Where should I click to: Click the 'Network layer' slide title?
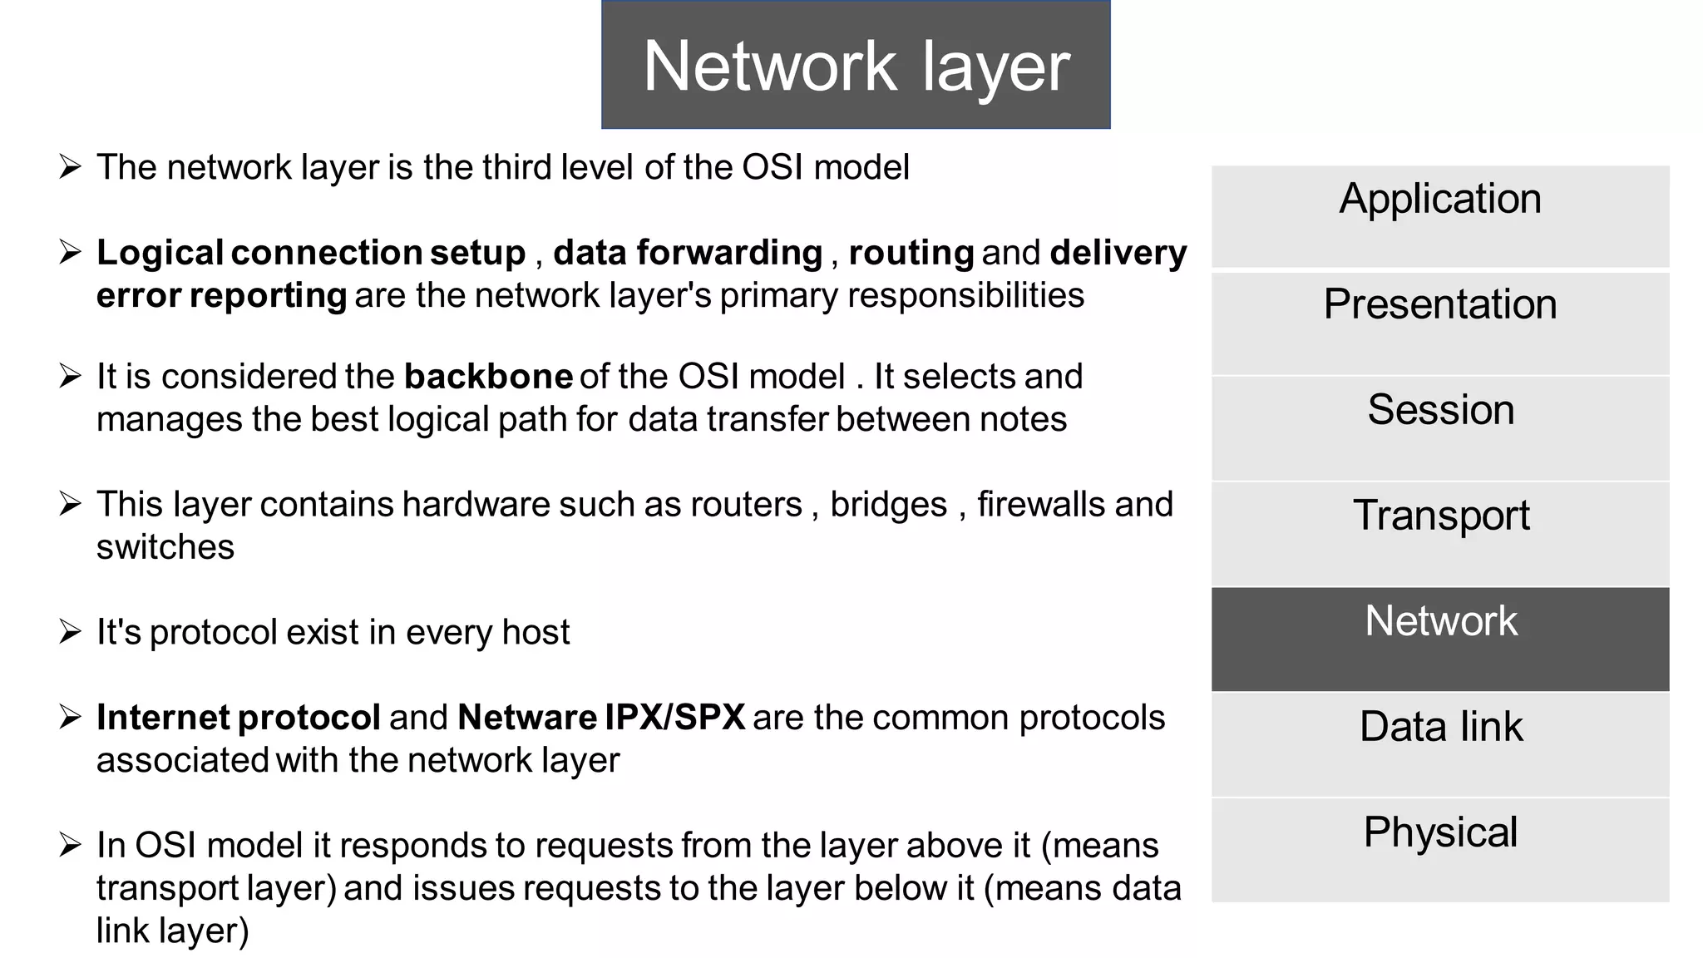click(x=856, y=66)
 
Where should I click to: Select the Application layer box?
click(x=1439, y=216)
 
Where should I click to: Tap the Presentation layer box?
click(x=1439, y=323)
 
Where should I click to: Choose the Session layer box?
click(x=1439, y=427)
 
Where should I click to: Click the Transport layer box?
click(x=1439, y=533)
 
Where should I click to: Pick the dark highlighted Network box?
click(x=1439, y=639)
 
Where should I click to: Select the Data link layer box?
click(x=1439, y=744)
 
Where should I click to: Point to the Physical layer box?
click(x=1439, y=849)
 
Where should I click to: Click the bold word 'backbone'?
click(x=488, y=377)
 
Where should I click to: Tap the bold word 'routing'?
click(x=911, y=253)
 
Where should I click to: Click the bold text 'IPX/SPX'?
click(x=674, y=717)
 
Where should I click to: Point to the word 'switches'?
click(x=165, y=547)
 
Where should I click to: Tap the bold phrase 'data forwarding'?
click(x=688, y=253)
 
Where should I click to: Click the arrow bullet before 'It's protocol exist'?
click(x=70, y=632)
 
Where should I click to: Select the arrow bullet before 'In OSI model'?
click(x=70, y=846)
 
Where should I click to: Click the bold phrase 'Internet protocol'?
click(x=239, y=717)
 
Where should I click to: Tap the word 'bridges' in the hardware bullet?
click(x=888, y=505)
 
